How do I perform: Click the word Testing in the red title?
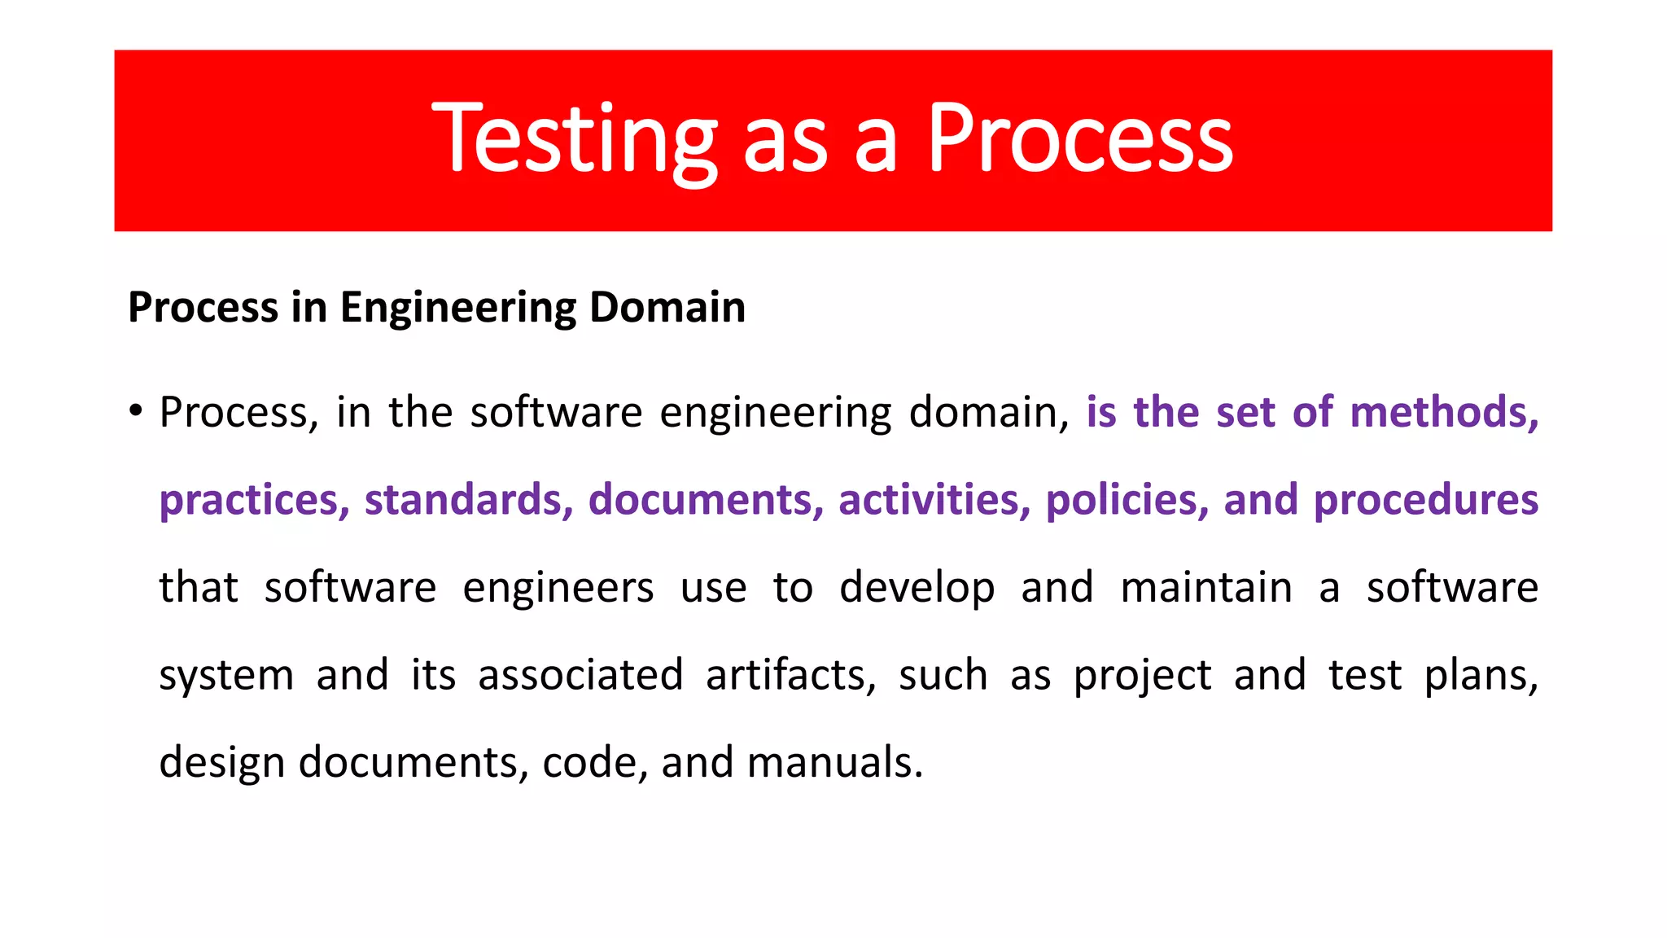pyautogui.click(x=574, y=140)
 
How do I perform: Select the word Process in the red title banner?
pyautogui.click(x=1080, y=140)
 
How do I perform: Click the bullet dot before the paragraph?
pyautogui.click(x=136, y=410)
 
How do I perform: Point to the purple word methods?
pyautogui.click(x=1443, y=412)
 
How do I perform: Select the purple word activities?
pyautogui.click(x=934, y=500)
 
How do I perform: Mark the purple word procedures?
pyautogui.click(x=1426, y=500)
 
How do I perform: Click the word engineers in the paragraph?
pyautogui.click(x=558, y=588)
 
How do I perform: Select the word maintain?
pyautogui.click(x=1206, y=588)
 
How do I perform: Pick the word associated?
pyautogui.click(x=580, y=675)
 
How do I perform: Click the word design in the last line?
pyautogui.click(x=221, y=764)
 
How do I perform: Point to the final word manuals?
pyautogui.click(x=834, y=764)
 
